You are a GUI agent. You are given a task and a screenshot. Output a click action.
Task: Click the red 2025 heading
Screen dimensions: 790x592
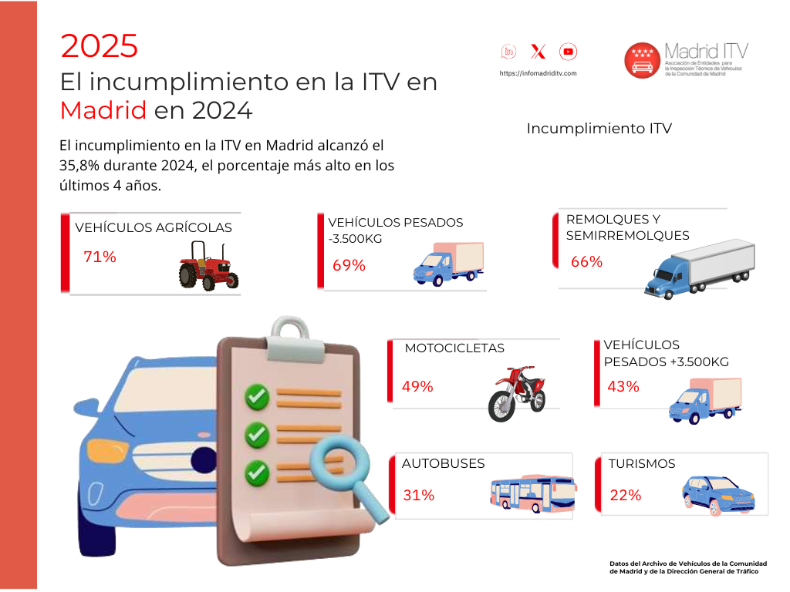coord(100,45)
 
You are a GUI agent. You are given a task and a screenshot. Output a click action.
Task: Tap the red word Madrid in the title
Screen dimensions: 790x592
coord(103,110)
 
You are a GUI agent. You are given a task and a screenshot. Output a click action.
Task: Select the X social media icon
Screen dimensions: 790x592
coord(538,52)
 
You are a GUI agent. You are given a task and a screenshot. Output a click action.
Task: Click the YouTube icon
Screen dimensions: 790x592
coord(568,52)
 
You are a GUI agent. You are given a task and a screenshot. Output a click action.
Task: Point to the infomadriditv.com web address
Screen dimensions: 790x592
coord(538,73)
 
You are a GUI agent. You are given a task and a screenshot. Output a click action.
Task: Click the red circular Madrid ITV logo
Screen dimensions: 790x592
coord(643,60)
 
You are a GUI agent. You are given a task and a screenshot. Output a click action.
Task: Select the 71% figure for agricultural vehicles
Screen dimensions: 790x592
coord(100,257)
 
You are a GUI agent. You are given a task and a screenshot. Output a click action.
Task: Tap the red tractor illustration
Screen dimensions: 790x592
coord(208,266)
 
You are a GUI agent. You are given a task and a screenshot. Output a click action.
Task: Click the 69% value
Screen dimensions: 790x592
coord(349,265)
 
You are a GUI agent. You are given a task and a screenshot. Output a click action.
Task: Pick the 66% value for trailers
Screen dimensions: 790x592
coord(586,262)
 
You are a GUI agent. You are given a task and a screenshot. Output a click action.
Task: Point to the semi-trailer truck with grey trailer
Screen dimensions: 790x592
coord(699,269)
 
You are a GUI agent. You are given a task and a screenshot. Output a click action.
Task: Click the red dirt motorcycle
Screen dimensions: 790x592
coord(517,392)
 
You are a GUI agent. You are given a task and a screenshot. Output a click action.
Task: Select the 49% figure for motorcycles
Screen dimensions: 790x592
coord(417,387)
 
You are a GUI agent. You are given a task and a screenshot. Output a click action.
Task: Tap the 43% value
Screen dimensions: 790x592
coord(623,387)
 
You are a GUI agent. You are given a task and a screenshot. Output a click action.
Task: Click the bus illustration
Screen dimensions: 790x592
coord(533,493)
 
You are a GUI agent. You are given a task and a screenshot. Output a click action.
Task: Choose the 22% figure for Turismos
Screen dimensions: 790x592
coord(625,496)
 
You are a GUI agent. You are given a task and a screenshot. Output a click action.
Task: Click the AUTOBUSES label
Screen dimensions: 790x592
coord(443,463)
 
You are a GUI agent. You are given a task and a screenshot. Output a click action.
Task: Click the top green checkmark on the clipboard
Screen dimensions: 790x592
coord(257,397)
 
